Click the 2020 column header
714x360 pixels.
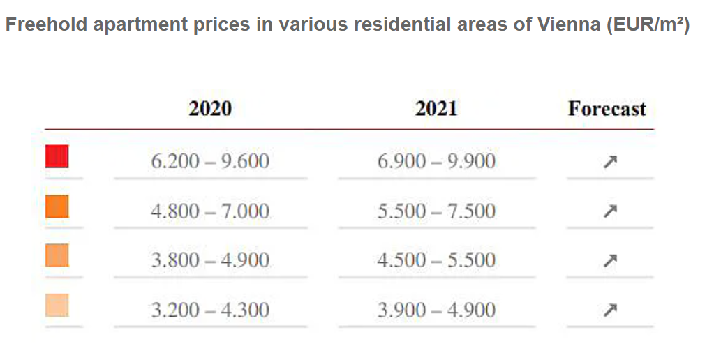point(210,109)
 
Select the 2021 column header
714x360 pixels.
point(436,109)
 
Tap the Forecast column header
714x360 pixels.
point(607,109)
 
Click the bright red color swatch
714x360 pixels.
point(57,156)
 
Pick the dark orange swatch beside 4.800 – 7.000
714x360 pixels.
point(57,207)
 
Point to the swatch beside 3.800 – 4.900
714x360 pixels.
point(57,255)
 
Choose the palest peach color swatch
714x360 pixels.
point(57,305)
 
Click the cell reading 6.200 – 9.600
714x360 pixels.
point(210,162)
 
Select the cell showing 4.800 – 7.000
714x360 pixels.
point(210,211)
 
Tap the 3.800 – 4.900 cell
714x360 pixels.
point(210,260)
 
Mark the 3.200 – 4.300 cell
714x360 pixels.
point(210,310)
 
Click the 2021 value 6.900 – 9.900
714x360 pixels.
point(436,162)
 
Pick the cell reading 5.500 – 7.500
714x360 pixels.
point(436,211)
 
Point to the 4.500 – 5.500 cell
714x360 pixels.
point(436,260)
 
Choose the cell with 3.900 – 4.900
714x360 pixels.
point(436,310)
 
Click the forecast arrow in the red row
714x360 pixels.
point(610,162)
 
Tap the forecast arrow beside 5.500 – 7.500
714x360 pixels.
point(610,210)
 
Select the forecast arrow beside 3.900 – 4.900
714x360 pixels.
point(610,309)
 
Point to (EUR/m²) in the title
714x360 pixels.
point(648,25)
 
